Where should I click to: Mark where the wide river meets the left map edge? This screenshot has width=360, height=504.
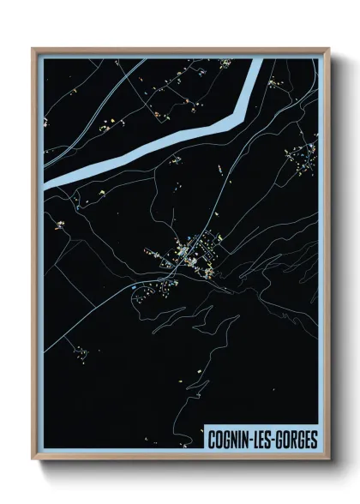coord(45,183)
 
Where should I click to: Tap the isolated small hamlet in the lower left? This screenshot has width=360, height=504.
coord(81,351)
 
